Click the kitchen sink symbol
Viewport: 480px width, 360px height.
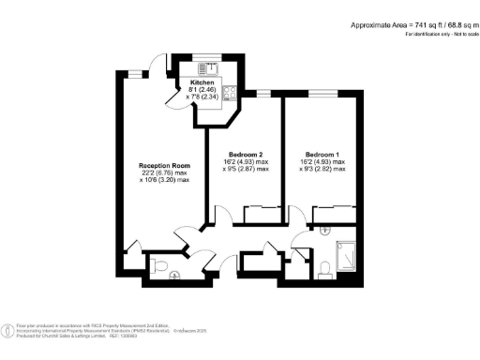tap(210, 67)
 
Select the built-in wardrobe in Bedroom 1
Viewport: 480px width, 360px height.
tap(333, 214)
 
